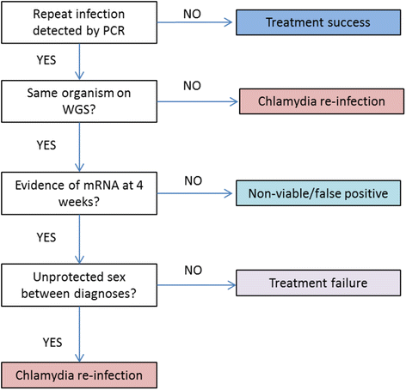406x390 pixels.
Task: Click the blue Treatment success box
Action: (x=318, y=22)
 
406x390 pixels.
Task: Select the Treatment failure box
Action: (x=318, y=283)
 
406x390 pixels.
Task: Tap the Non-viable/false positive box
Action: (x=318, y=193)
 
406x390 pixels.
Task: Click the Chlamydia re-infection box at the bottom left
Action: (x=79, y=375)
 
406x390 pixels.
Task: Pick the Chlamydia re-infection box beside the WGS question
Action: (x=322, y=101)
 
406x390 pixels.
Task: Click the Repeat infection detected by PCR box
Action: (x=79, y=22)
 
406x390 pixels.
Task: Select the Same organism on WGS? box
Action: (x=79, y=101)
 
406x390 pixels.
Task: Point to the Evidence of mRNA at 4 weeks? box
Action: (x=79, y=193)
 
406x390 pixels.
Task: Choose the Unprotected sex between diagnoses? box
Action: (x=79, y=285)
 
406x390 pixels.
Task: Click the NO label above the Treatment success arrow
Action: (x=192, y=14)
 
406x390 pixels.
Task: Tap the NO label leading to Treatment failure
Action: (x=194, y=271)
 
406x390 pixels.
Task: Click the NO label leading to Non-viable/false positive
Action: (x=194, y=181)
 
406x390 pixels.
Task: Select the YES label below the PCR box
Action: (x=46, y=60)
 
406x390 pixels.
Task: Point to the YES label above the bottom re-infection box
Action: (x=52, y=343)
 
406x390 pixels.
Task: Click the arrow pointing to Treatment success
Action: (x=194, y=22)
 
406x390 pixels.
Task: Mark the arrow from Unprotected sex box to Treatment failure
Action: (x=196, y=285)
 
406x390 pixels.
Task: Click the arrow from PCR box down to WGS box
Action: (x=79, y=62)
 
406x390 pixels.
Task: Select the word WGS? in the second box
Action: (x=79, y=110)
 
